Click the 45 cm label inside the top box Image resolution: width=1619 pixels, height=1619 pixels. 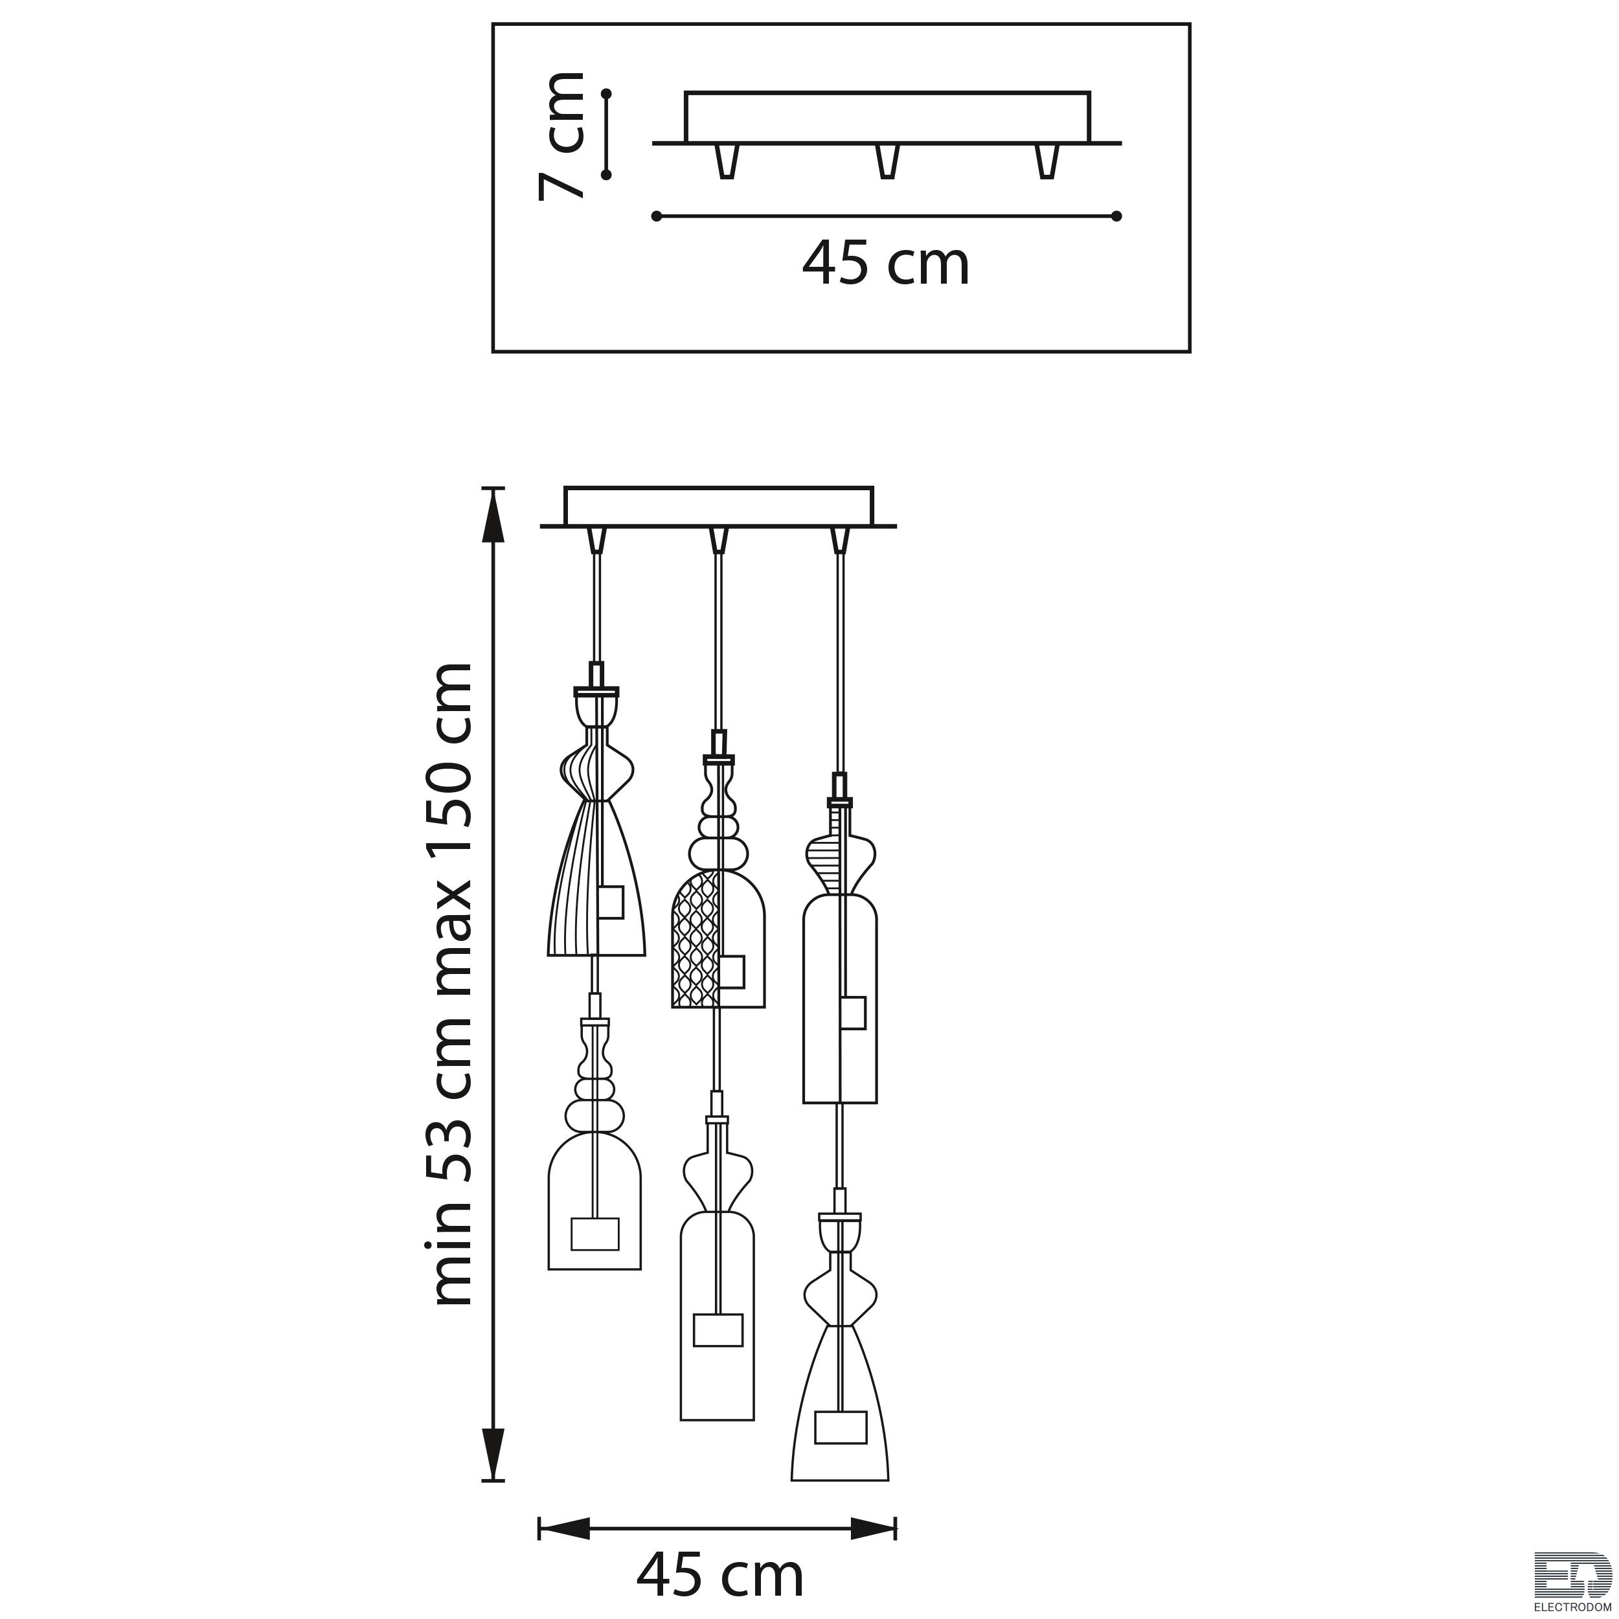pos(886,264)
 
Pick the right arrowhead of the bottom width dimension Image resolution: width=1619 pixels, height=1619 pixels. pos(872,1504)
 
